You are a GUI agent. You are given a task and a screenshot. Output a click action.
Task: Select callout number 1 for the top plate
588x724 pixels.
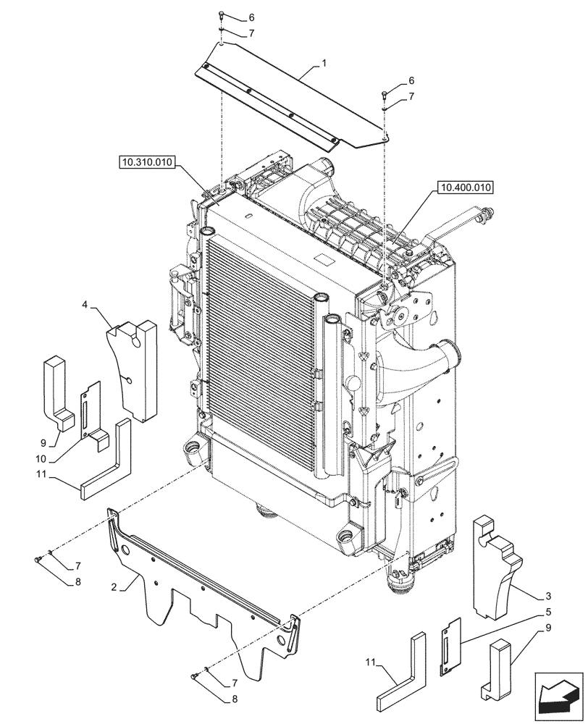324,64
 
